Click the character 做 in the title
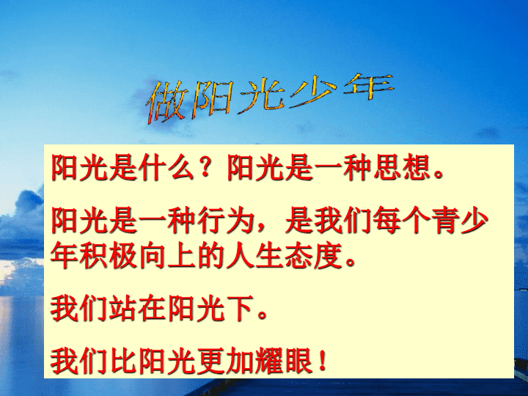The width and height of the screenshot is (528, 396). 166,101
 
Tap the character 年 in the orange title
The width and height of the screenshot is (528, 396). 368,87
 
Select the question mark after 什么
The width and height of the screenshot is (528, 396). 205,167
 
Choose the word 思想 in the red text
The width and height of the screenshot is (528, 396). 403,167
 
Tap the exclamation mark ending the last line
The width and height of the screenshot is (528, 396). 323,360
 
